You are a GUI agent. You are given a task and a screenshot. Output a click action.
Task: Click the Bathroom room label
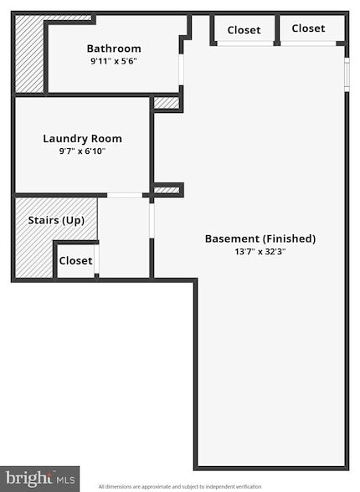(114, 49)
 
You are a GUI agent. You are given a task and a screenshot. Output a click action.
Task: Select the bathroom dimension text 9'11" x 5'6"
(114, 61)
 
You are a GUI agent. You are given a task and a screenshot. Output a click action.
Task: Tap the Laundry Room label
(82, 139)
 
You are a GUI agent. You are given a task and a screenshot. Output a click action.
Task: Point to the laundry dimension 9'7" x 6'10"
(82, 151)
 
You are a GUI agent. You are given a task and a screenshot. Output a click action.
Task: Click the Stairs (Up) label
(56, 220)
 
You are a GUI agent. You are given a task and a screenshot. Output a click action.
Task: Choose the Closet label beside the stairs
(75, 261)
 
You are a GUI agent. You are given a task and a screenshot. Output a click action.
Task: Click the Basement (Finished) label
(260, 238)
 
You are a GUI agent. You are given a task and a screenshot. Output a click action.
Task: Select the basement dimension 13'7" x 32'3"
(260, 252)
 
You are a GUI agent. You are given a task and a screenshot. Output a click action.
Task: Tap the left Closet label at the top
(244, 30)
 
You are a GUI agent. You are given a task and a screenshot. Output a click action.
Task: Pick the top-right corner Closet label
(308, 28)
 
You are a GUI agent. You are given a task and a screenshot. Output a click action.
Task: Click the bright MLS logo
(39, 479)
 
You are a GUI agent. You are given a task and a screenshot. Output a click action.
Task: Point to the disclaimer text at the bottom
(180, 487)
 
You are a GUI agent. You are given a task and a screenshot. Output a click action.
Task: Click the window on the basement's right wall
(347, 74)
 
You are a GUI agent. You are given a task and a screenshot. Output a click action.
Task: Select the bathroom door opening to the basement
(181, 69)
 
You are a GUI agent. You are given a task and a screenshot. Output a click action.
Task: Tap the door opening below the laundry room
(125, 195)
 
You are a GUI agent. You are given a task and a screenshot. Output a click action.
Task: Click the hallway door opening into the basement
(152, 221)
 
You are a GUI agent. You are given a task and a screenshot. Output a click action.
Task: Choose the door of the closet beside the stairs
(96, 259)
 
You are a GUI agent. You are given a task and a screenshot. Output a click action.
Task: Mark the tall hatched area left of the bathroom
(29, 54)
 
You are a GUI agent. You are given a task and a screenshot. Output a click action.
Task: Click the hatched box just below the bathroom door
(167, 103)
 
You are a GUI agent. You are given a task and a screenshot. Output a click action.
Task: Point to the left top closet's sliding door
(245, 44)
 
